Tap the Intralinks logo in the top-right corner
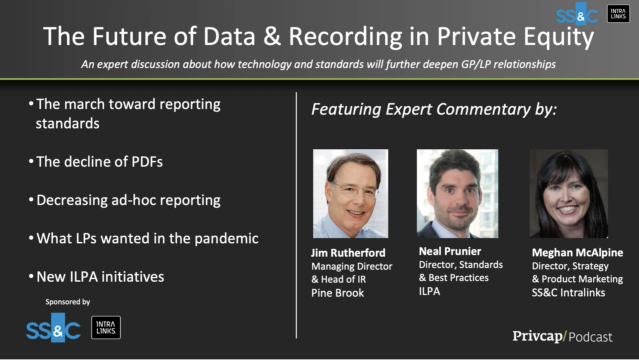tap(618, 14)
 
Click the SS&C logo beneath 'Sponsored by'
tap(53, 328)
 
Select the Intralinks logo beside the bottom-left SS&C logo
tap(106, 328)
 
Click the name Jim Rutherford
tap(348, 253)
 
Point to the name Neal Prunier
tap(450, 251)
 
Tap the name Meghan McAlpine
tap(577, 253)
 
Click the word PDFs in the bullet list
tap(147, 162)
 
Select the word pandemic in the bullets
tap(226, 239)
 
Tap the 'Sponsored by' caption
tap(68, 302)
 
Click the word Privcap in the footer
tap(537, 336)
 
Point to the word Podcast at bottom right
tap(591, 337)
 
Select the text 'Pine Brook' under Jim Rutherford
tap(338, 293)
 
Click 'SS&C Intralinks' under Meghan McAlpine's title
tap(568, 293)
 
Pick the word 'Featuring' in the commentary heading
tap(346, 110)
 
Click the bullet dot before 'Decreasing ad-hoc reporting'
tap(31, 200)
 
